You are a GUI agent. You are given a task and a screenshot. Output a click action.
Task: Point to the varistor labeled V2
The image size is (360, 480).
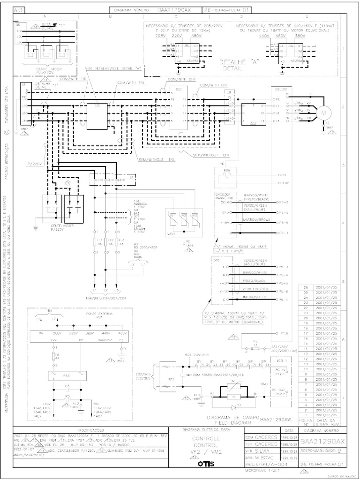coord(184,217)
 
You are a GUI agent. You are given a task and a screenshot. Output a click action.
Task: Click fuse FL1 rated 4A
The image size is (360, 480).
coord(96,243)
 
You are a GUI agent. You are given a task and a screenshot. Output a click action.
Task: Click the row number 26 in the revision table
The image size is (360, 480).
coord(306,287)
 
